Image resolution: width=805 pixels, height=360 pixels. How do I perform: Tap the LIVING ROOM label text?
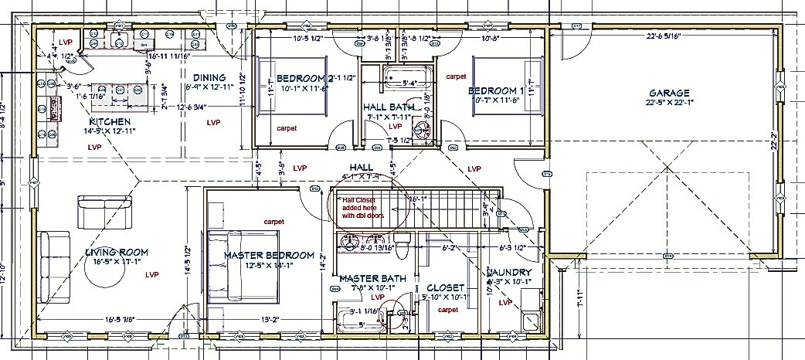tap(117, 252)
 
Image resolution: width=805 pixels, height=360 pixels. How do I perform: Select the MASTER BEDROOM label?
tap(269, 255)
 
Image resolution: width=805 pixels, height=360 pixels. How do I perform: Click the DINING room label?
tap(209, 78)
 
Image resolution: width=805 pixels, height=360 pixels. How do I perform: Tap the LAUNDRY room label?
tap(509, 273)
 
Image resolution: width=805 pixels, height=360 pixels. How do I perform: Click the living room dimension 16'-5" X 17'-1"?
tap(117, 262)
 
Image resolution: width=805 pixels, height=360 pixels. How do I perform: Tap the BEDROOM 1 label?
tap(496, 91)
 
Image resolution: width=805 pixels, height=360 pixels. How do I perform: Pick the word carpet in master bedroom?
tap(273, 222)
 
